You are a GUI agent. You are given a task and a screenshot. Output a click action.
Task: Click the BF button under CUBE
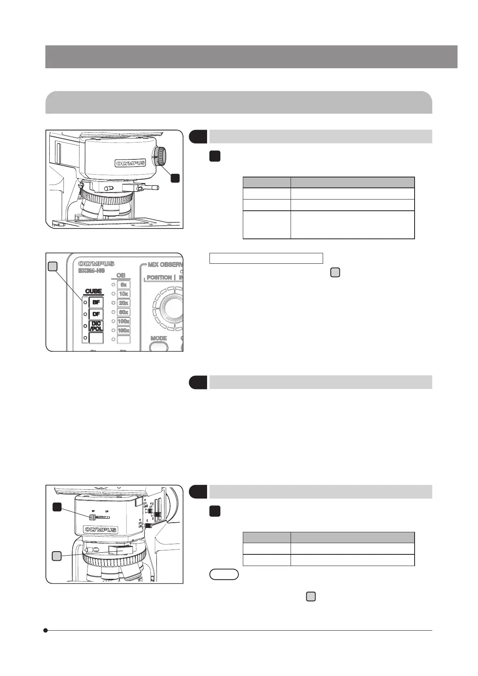point(96,302)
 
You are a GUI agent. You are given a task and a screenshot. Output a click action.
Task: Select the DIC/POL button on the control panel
point(96,326)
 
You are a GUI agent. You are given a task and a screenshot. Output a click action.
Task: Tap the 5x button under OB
point(124,285)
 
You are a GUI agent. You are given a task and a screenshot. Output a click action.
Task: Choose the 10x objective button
point(124,294)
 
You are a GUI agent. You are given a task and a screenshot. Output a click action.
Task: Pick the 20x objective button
point(124,303)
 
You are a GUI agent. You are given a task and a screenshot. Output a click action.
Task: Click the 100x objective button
point(124,321)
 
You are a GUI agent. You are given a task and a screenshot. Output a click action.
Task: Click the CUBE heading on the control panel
point(94,291)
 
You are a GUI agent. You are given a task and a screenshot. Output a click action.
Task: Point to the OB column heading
point(121,275)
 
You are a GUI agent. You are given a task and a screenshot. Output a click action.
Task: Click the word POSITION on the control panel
point(159,277)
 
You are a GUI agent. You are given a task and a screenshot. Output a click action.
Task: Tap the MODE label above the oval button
point(159,338)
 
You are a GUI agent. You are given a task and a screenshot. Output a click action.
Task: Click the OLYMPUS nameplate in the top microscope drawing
point(130,163)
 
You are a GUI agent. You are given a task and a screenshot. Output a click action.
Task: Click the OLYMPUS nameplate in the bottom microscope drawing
point(101,530)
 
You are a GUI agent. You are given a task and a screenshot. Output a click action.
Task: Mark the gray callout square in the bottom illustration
point(57,556)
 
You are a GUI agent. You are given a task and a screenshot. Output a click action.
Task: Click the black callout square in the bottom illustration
point(57,507)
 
